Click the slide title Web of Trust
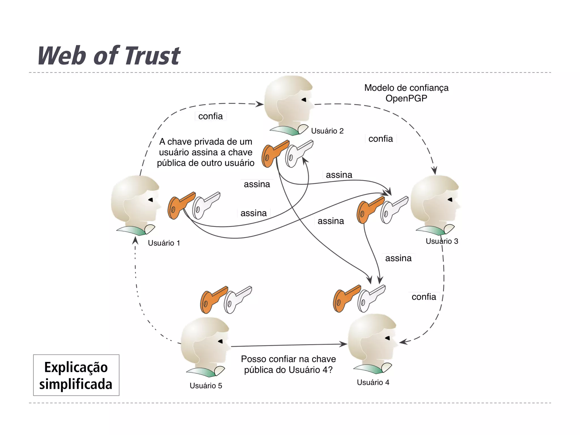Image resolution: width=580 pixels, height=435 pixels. tap(109, 56)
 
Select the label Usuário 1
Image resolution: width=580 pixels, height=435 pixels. tap(164, 243)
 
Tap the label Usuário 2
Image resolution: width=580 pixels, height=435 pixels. tap(327, 131)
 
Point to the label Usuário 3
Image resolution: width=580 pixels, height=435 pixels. tap(442, 241)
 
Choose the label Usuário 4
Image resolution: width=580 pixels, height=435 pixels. tap(373, 382)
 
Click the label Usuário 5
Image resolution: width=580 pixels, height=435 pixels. tap(206, 385)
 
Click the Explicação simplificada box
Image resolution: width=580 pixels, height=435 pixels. tap(76, 375)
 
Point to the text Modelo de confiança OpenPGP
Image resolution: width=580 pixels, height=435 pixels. tap(406, 93)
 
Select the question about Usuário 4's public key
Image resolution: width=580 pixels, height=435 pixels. tap(288, 364)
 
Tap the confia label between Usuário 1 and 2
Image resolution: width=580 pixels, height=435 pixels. tap(210, 116)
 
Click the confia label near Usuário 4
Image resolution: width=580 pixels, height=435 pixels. tap(424, 297)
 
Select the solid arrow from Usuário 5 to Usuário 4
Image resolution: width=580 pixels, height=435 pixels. tap(289, 345)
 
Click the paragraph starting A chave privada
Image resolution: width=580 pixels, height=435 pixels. tap(206, 152)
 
